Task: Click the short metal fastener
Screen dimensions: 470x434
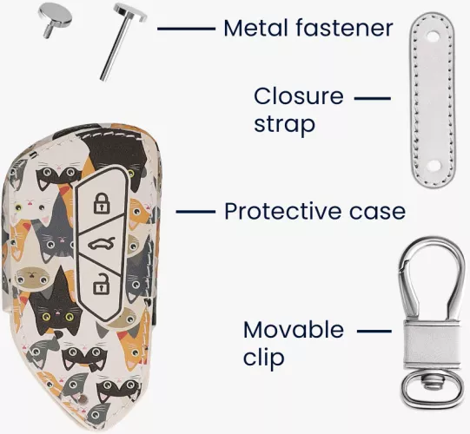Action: point(55,19)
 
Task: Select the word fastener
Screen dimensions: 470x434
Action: point(344,28)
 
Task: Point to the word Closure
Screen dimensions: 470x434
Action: point(299,96)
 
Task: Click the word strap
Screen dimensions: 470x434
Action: point(284,124)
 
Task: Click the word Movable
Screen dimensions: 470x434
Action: point(293,330)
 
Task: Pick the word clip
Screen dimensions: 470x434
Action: point(263,357)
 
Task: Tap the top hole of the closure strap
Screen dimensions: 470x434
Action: point(433,36)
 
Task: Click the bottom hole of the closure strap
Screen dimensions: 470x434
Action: point(434,165)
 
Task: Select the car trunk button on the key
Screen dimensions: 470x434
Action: point(102,243)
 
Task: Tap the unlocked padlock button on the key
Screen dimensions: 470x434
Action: point(101,283)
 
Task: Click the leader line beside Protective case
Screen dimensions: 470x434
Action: point(195,212)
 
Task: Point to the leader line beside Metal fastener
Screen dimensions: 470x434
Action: point(186,29)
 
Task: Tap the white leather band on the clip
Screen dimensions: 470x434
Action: point(431,345)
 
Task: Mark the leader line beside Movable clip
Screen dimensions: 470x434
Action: point(374,332)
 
